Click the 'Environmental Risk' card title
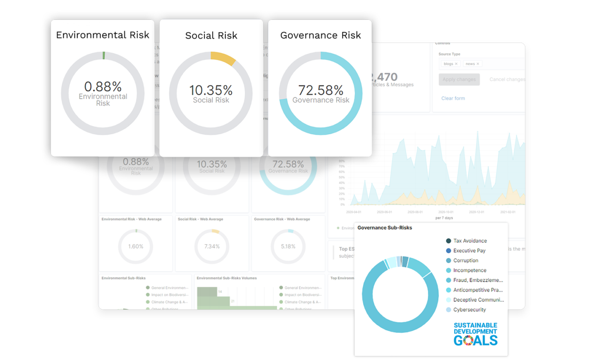(x=103, y=35)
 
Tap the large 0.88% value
(x=103, y=86)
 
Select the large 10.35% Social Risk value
(x=211, y=90)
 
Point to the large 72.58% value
(x=321, y=90)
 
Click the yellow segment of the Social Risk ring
(x=222, y=58)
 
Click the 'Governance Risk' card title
(x=321, y=35)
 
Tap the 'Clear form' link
(x=453, y=98)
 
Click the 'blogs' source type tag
(x=449, y=64)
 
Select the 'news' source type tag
(x=470, y=64)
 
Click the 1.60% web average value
(x=136, y=246)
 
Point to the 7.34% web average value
(x=212, y=246)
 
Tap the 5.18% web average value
(x=288, y=246)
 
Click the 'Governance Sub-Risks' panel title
(x=385, y=228)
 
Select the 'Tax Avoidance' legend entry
(x=469, y=241)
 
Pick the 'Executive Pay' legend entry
(x=469, y=250)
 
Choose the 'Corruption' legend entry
(x=465, y=261)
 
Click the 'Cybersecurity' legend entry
(x=469, y=310)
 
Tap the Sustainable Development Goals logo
(x=475, y=334)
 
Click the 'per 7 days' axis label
(x=444, y=218)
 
